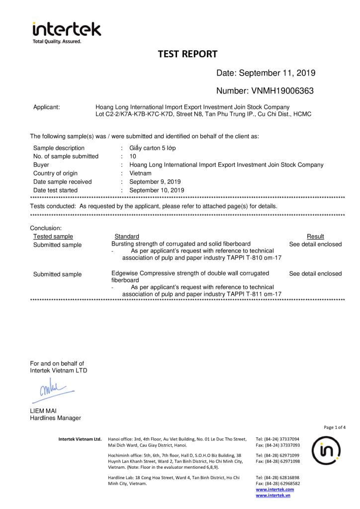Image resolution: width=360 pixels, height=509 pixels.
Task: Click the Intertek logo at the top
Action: point(66,31)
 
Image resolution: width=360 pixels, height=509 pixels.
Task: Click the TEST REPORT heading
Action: point(187,54)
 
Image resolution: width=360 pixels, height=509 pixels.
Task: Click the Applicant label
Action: point(46,107)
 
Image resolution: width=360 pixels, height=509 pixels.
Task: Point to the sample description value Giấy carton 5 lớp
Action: point(152,148)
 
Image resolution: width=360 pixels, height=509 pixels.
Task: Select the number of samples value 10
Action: point(133,156)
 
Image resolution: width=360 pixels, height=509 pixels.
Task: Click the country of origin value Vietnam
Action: point(141,173)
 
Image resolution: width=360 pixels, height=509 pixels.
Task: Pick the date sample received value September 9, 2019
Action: point(155,181)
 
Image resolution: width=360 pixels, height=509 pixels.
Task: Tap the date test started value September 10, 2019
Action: point(157,190)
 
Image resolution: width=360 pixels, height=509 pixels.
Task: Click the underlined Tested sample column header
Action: point(53,236)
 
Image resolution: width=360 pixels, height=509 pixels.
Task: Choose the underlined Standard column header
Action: point(127,236)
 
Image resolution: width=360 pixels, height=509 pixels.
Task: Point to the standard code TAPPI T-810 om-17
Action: point(254,258)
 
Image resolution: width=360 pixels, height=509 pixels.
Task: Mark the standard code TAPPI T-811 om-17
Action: point(254,294)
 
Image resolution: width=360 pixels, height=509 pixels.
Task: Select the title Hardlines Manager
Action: point(55,418)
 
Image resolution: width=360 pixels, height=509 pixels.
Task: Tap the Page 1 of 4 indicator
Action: point(334,427)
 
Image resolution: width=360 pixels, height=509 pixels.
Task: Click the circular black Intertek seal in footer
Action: point(326,450)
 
